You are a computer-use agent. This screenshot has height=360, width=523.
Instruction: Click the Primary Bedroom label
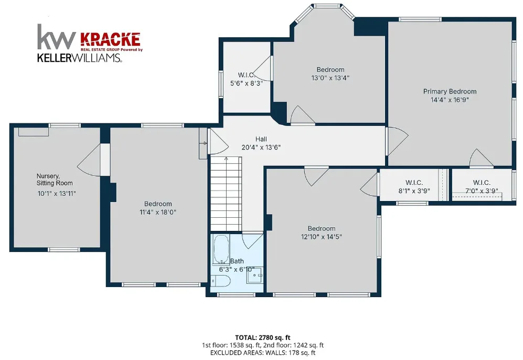(450, 91)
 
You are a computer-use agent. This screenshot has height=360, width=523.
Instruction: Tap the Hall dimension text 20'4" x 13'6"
(261, 147)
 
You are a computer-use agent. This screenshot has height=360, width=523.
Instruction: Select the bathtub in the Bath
(221, 249)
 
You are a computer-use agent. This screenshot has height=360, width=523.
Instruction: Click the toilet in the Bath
(221, 281)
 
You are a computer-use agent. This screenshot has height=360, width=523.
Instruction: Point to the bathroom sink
(255, 276)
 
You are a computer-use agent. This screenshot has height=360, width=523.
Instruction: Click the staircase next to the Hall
(226, 194)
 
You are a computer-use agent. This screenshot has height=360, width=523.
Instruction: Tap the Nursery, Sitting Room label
(55, 179)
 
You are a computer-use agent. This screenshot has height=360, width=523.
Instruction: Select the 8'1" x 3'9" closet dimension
(414, 191)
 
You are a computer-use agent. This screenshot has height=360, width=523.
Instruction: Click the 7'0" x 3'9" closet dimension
(482, 191)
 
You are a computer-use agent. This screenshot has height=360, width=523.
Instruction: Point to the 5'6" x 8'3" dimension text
(247, 83)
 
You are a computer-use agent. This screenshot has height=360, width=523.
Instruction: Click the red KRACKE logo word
(110, 39)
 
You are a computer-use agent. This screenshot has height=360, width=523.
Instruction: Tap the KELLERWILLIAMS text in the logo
(79, 58)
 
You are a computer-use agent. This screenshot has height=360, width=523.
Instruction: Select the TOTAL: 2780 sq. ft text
(263, 337)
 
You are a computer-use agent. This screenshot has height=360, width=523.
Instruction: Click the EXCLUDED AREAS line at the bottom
(263, 352)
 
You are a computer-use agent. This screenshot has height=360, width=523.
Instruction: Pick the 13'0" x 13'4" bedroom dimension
(330, 78)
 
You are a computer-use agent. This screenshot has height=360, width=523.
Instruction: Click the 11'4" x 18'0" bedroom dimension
(158, 212)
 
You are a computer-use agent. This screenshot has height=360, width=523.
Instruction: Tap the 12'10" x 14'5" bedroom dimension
(322, 237)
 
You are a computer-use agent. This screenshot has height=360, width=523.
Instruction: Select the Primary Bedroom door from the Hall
(398, 141)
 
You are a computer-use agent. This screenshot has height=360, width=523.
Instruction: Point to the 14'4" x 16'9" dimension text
(450, 100)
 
